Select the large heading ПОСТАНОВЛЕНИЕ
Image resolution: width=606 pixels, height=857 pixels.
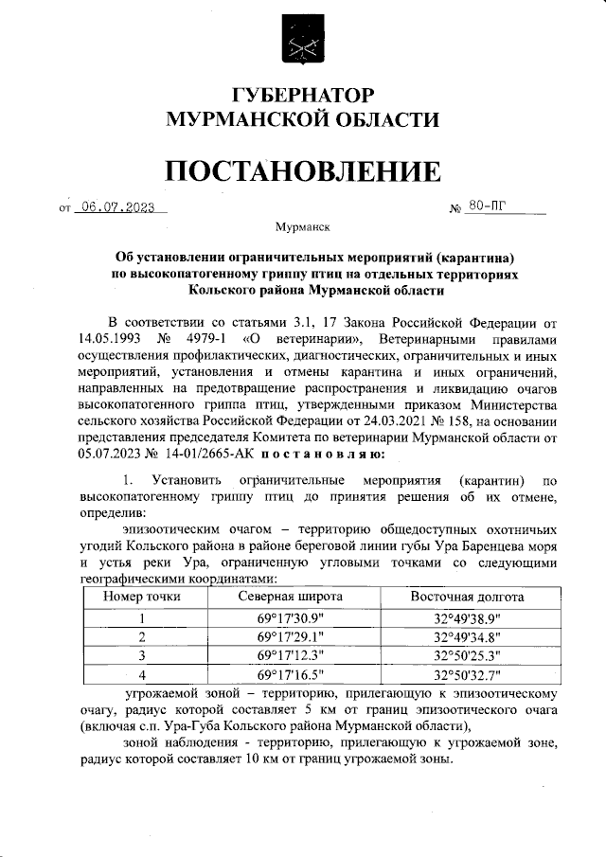[302, 170]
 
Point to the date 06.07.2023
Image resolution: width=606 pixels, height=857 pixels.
[117, 208]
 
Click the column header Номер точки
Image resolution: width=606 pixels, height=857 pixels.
[142, 598]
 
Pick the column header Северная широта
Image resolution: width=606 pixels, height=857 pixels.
[290, 598]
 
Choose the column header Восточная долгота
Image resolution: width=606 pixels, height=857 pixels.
[466, 598]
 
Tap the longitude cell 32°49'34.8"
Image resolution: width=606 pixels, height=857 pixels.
[466, 636]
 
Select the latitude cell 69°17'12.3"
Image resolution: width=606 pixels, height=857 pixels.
[290, 655]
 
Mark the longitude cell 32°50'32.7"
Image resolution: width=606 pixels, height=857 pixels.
[466, 675]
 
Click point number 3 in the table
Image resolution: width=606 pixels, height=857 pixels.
[142, 655]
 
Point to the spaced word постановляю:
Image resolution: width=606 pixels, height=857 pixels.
[314, 454]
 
